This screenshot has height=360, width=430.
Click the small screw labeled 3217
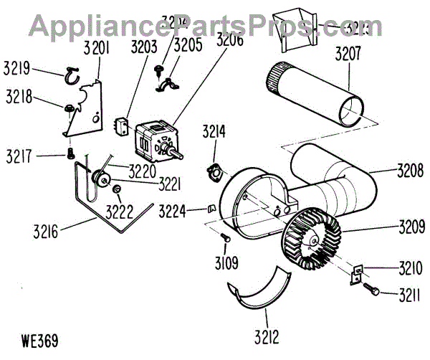pyautogui.click(x=70, y=153)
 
